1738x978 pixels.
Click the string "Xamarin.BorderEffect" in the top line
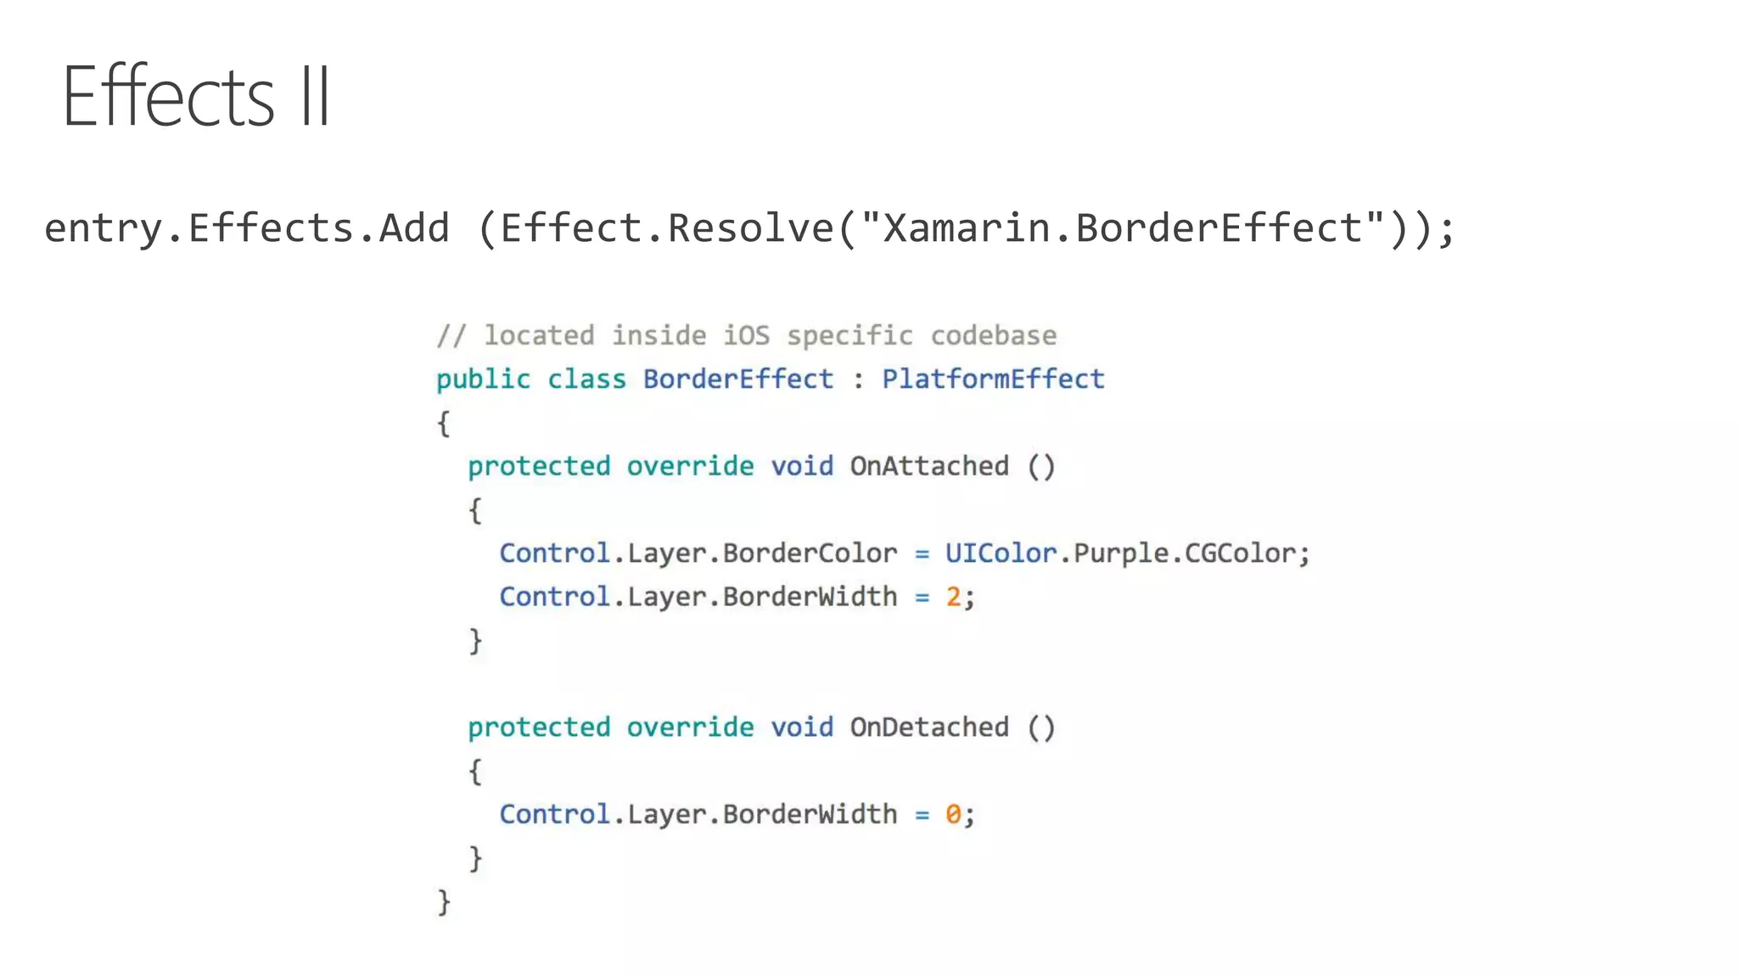tap(1123, 228)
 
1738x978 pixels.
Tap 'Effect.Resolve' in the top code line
tap(667, 228)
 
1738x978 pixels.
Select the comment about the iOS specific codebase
tap(747, 335)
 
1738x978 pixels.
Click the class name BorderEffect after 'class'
tap(738, 379)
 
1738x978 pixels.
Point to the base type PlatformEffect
tap(993, 379)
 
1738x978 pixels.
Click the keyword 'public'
tap(483, 379)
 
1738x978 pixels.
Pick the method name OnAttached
tap(929, 466)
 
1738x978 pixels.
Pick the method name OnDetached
tap(929, 728)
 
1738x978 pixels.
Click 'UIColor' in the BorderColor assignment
tap(1001, 554)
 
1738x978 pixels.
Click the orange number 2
tap(954, 597)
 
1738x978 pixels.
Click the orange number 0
tap(954, 815)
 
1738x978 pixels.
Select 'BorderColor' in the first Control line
tap(810, 554)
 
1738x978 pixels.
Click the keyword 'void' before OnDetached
tap(802, 728)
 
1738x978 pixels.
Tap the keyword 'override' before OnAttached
tap(690, 466)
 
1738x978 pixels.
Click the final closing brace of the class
tap(444, 902)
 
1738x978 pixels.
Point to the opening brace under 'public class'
tap(444, 423)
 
